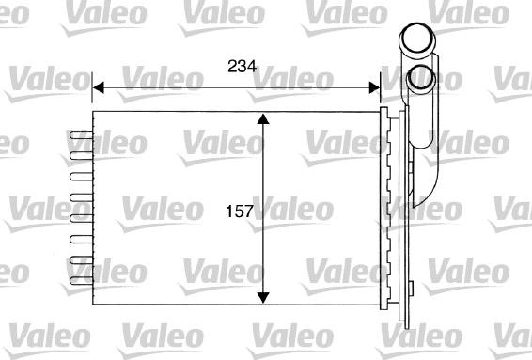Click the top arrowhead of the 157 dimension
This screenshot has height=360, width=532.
tap(264, 120)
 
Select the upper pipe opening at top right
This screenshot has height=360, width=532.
tap(415, 40)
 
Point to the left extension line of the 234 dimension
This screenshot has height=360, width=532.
tap(92, 94)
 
